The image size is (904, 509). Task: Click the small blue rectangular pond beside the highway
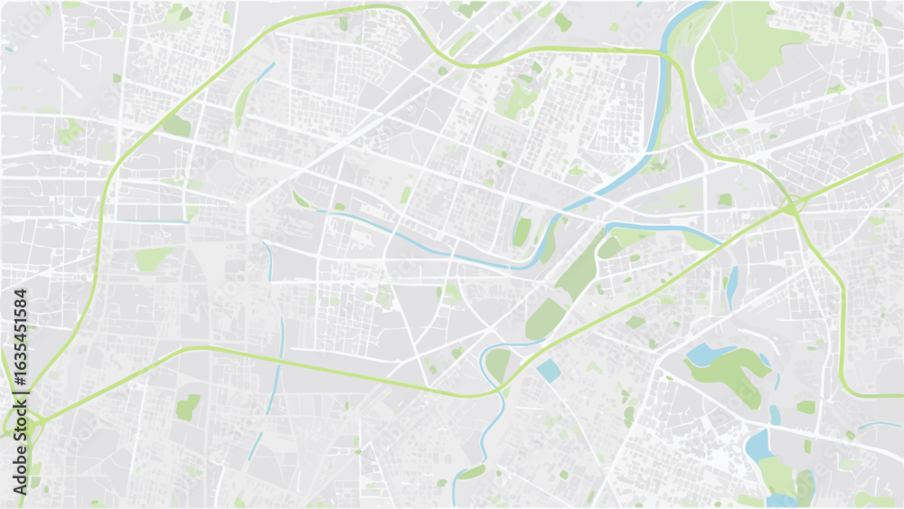(x=548, y=370)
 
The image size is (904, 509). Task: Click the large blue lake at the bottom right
(x=757, y=444)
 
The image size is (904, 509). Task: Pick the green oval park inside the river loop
(x=498, y=363)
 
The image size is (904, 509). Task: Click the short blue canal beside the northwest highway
(x=265, y=71)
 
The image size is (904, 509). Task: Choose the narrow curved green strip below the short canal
(x=243, y=102)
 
